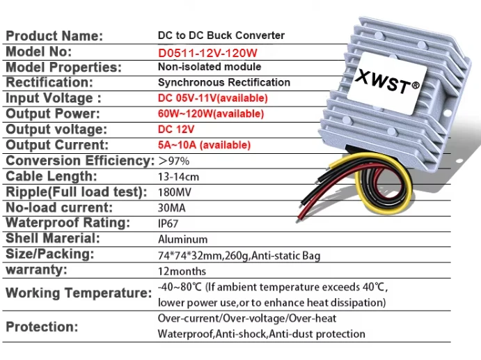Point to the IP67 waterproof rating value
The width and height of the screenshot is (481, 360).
(171, 224)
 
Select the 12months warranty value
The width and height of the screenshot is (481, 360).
(182, 271)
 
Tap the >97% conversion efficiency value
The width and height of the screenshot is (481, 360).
(174, 161)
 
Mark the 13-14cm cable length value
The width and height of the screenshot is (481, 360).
(178, 177)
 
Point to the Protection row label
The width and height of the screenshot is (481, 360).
(42, 327)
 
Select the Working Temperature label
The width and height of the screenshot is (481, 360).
(79, 293)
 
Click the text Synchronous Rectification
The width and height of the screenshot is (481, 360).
(224, 82)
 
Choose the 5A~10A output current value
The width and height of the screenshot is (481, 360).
(204, 145)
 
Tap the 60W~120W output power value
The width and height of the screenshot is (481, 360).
(211, 114)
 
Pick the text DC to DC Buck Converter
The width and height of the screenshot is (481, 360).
(221, 36)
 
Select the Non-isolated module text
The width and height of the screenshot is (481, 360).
(210, 67)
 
